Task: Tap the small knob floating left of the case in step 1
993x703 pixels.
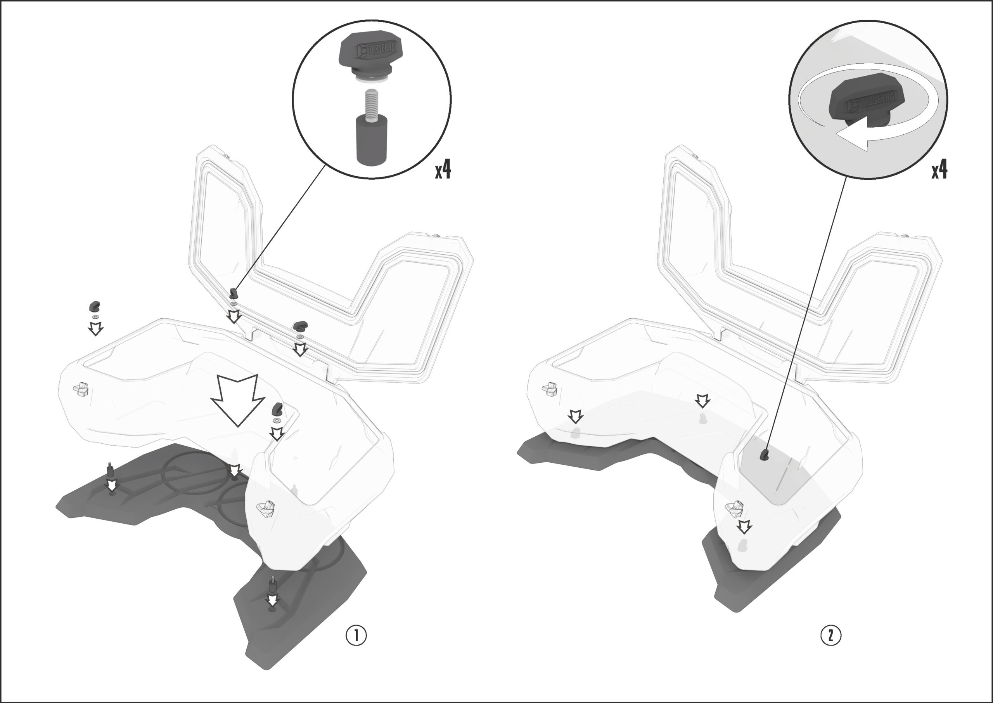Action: tap(94, 307)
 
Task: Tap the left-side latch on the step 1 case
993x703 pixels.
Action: tap(81, 389)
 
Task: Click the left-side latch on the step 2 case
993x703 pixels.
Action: tap(550, 389)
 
